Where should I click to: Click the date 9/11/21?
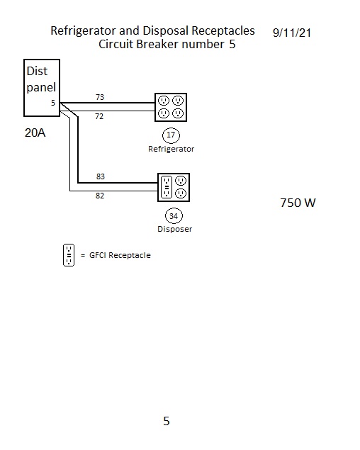click(x=292, y=33)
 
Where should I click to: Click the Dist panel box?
click(x=24, y=88)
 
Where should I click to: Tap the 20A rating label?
click(x=35, y=133)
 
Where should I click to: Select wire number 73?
click(x=100, y=97)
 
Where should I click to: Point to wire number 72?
click(x=99, y=116)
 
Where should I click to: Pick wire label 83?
click(x=101, y=176)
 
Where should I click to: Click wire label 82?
click(x=100, y=196)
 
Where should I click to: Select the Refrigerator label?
click(x=171, y=149)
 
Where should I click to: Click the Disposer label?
click(x=175, y=229)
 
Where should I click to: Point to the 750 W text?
click(x=298, y=203)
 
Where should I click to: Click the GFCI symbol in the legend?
click(x=69, y=255)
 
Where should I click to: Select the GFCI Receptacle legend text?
click(x=120, y=255)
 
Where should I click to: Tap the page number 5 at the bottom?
click(x=167, y=421)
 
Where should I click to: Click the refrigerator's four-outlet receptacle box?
click(x=155, y=107)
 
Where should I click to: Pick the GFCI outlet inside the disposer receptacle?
click(x=167, y=187)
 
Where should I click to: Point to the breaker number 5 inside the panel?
click(x=53, y=103)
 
